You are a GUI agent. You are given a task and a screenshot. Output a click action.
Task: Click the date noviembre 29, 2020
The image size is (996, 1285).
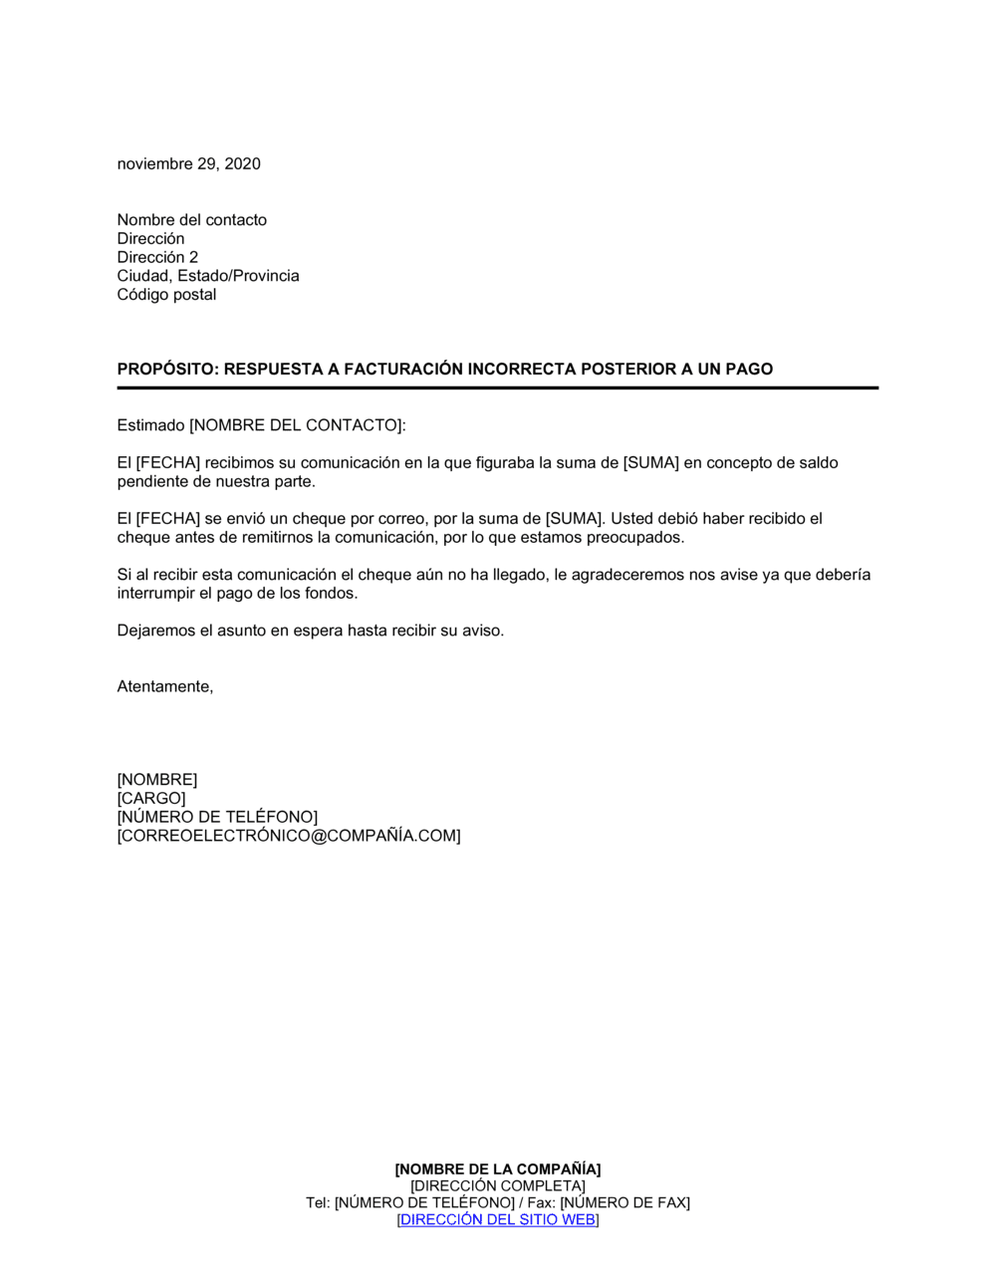(x=188, y=164)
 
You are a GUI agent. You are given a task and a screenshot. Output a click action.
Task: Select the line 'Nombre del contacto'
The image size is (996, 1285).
(x=191, y=220)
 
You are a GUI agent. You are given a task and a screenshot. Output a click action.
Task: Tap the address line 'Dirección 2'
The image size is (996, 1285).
(x=157, y=257)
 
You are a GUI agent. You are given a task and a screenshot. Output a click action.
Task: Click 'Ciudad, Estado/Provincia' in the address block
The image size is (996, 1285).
(x=207, y=276)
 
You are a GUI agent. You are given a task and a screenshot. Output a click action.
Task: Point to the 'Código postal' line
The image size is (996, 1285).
(x=166, y=295)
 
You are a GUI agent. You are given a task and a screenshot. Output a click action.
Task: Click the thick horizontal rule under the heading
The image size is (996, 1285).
(x=497, y=387)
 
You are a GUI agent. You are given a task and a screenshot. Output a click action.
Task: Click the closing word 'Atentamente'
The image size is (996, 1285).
(x=163, y=687)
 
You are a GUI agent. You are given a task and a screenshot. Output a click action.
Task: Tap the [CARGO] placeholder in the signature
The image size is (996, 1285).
(x=151, y=799)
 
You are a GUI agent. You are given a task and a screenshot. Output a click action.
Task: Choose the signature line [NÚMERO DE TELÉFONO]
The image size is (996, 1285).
(x=217, y=818)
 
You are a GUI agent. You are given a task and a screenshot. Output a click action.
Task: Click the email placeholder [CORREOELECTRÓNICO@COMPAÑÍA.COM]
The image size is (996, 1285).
(x=289, y=837)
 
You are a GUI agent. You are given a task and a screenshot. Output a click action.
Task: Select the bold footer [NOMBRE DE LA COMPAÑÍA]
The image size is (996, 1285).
(x=497, y=1169)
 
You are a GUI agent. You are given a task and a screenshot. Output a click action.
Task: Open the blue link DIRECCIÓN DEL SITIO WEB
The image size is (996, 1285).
(x=497, y=1220)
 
